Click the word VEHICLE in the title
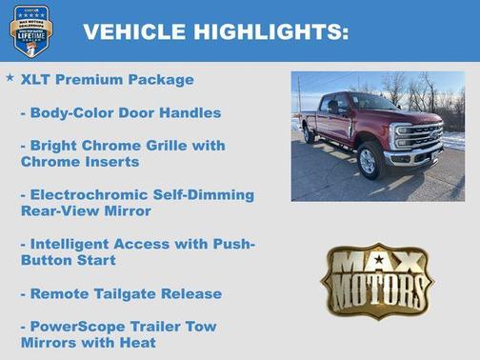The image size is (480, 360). tap(134, 32)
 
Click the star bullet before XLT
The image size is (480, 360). tap(10, 78)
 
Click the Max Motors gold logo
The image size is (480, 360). tap(377, 280)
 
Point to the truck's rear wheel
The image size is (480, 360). tap(309, 134)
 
